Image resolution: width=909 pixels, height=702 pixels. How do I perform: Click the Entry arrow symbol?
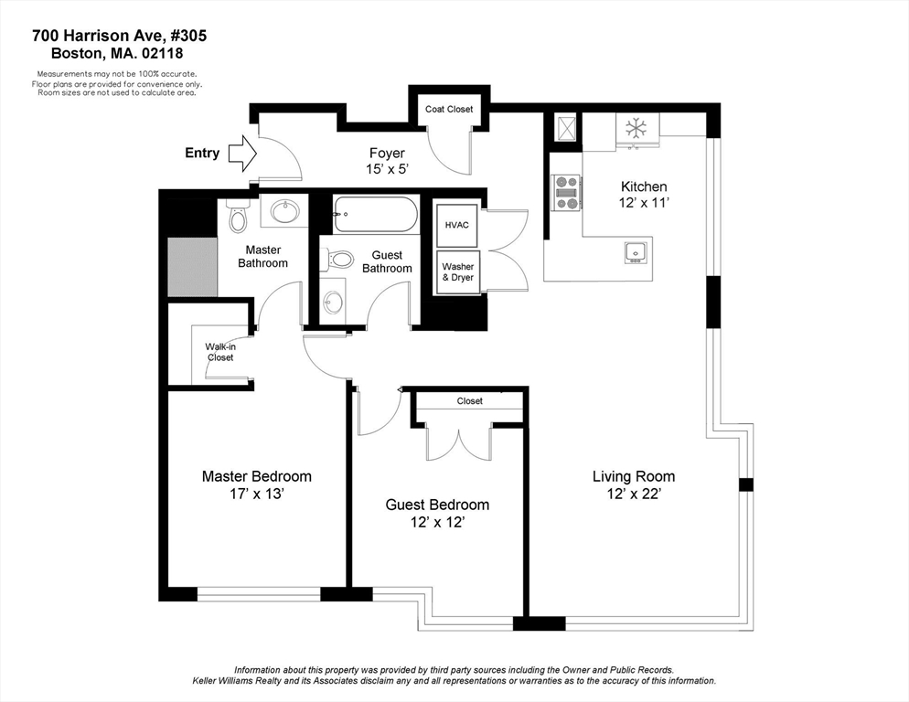(242, 153)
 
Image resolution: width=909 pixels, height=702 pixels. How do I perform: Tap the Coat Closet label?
(449, 109)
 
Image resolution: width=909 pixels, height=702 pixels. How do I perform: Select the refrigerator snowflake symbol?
(636, 128)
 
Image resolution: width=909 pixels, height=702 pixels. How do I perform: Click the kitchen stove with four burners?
(566, 193)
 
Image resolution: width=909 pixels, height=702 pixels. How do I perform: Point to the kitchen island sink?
(636, 253)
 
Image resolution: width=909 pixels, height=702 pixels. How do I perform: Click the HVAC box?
(457, 225)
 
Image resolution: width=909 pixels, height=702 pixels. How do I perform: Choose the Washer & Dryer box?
(458, 271)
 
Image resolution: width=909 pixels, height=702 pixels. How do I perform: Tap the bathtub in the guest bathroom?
(375, 214)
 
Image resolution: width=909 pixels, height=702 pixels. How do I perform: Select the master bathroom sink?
(283, 211)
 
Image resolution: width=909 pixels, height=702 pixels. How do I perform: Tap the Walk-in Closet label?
(220, 353)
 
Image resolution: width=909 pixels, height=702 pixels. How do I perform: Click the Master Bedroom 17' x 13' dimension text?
(256, 494)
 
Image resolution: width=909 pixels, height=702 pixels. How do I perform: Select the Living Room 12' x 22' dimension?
(634, 494)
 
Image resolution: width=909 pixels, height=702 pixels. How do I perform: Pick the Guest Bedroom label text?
(437, 505)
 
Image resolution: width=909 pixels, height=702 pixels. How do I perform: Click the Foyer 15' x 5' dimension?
(386, 169)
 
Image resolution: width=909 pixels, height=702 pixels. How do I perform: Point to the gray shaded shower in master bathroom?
(192, 267)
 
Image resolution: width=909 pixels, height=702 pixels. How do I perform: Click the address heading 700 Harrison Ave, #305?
(120, 36)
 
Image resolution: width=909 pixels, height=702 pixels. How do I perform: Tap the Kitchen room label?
(644, 186)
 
